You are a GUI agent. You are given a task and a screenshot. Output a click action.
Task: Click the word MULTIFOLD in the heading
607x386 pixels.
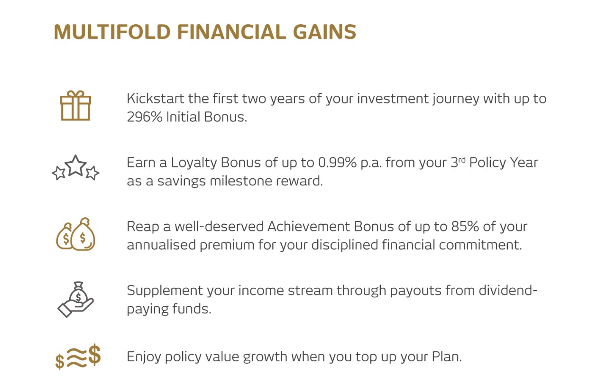pos(112,32)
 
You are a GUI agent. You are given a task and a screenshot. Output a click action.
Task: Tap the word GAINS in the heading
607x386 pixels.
pos(325,32)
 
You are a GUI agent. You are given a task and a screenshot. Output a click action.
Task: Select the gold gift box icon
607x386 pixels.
pos(75,105)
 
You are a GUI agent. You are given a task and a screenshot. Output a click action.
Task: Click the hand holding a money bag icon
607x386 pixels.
pos(75,299)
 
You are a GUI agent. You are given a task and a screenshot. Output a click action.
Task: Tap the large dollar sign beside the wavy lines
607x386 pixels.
pos(94,355)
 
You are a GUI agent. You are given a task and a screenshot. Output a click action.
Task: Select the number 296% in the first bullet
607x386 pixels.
pos(145,117)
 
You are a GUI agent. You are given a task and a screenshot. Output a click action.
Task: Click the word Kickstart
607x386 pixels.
pos(156,99)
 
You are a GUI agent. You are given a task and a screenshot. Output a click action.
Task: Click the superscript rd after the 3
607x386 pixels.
pos(462,160)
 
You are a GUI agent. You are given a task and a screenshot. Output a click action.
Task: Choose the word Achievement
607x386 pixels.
pos(309,227)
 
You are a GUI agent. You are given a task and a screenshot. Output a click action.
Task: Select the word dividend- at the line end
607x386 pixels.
pos(508,291)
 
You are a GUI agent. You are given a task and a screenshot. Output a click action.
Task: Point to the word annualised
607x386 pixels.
pos(161,245)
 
